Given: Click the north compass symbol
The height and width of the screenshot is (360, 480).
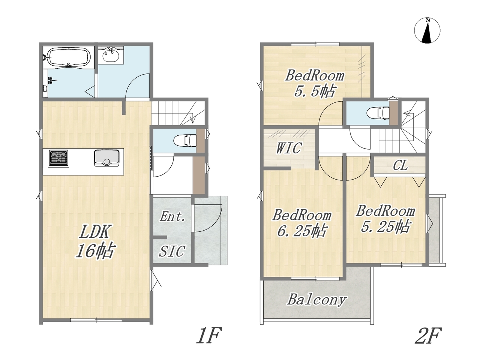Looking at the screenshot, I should pos(427,30).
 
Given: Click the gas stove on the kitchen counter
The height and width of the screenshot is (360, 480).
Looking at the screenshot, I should pos(58,157).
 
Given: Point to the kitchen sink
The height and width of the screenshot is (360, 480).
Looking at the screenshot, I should pos(107,158).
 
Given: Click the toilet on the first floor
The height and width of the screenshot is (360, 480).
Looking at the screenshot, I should pos(186,140).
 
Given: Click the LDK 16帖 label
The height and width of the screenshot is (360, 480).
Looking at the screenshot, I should pos(95,241).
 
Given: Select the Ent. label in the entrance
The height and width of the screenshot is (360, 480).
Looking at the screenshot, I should pos(172,216).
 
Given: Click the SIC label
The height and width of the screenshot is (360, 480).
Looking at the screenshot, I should pos(172,251).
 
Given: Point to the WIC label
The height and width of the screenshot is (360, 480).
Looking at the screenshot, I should pos(289,148).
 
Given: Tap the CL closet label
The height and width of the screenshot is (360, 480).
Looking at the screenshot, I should pos(400,165).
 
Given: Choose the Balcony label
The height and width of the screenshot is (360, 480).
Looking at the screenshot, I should pos(317,300).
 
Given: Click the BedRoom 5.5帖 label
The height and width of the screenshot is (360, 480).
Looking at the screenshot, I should pos(315,83).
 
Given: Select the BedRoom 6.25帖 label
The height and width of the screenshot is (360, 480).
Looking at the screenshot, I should pos(302,223).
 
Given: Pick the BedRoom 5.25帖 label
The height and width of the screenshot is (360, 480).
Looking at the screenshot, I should pos(385,219).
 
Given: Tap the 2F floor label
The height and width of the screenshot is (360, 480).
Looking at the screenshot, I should pos(428,336).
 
